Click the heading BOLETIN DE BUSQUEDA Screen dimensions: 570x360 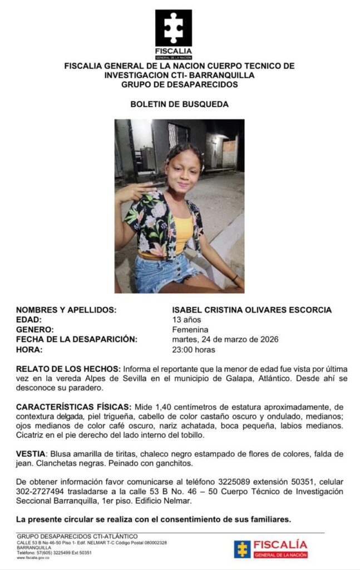click(x=179, y=104)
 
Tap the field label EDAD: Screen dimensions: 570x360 click(x=29, y=320)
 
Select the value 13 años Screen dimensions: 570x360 click(x=188, y=320)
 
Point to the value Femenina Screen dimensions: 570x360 click(x=190, y=330)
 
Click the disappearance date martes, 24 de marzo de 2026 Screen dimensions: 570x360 click(x=226, y=340)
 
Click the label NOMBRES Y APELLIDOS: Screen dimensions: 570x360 click(x=66, y=309)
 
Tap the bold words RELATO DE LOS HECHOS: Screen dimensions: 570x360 click(x=68, y=370)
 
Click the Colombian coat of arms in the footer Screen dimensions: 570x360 click(x=242, y=549)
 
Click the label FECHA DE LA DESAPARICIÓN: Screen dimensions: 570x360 click(x=76, y=340)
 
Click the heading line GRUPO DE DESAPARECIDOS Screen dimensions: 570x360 click(x=179, y=85)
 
